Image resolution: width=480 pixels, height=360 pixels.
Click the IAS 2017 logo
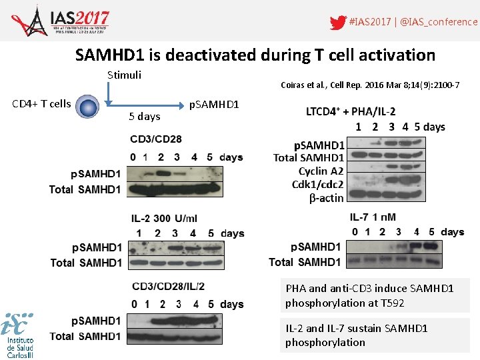pyautogui.click(x=60, y=21)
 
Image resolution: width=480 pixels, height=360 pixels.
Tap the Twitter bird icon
pyautogui.click(x=338, y=22)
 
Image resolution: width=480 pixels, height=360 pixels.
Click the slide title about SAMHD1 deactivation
pyautogui.click(x=255, y=55)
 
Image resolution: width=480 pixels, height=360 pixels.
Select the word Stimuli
pyautogui.click(x=124, y=75)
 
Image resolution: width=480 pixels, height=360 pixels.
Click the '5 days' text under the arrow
pyautogui.click(x=144, y=116)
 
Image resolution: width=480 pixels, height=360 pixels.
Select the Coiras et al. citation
pyautogui.click(x=370, y=85)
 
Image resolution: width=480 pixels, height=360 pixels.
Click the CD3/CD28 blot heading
pyautogui.click(x=156, y=139)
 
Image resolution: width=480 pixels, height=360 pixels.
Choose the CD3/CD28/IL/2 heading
pyautogui.click(x=168, y=287)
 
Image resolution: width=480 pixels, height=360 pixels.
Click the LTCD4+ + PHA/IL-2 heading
pyautogui.click(x=350, y=111)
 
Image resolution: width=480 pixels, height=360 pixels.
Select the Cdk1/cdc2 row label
pyautogui.click(x=318, y=185)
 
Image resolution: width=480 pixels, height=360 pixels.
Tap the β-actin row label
pyautogui.click(x=326, y=198)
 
